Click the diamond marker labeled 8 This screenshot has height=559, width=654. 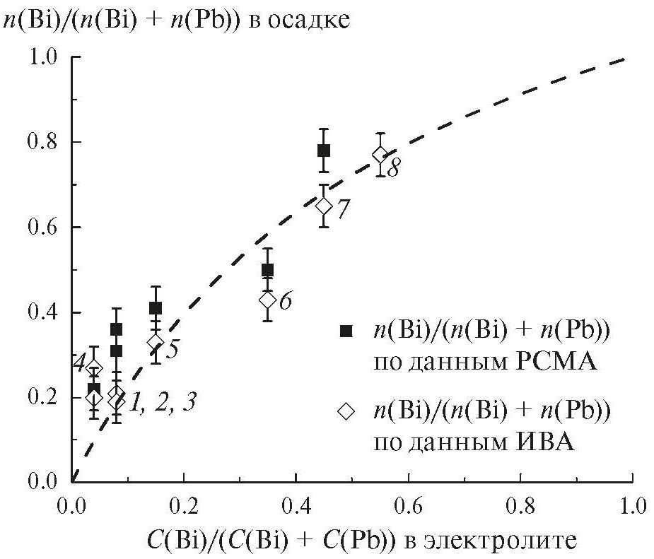point(380,155)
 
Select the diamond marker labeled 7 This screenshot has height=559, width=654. point(324,206)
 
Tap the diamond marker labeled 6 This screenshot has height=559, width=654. point(267,300)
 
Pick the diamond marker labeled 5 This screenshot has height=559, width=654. point(156,342)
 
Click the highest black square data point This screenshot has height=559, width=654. point(324,150)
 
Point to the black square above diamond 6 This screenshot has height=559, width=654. point(267,269)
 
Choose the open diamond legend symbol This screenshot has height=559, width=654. point(345,411)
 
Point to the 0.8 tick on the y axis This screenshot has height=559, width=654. point(71,142)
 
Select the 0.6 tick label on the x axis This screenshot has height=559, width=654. point(408,506)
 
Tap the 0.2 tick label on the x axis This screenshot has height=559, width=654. point(184,506)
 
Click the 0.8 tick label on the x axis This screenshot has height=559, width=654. point(520,506)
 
